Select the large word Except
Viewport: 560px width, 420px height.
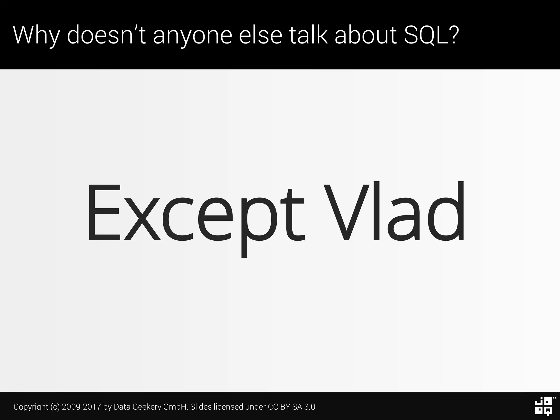196,213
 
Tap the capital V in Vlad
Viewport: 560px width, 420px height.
346,212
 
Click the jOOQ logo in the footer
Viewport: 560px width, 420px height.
543,407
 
